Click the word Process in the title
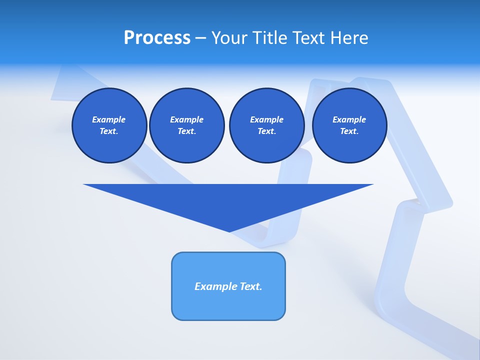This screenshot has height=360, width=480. (x=157, y=38)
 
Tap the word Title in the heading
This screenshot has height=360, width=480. (x=271, y=38)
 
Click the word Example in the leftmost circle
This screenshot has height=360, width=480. (x=109, y=119)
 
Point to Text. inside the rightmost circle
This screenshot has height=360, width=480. (x=349, y=131)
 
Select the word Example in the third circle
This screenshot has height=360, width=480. (x=266, y=119)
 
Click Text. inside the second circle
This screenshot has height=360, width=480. (x=186, y=131)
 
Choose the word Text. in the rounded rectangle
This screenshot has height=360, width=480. (x=251, y=286)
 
